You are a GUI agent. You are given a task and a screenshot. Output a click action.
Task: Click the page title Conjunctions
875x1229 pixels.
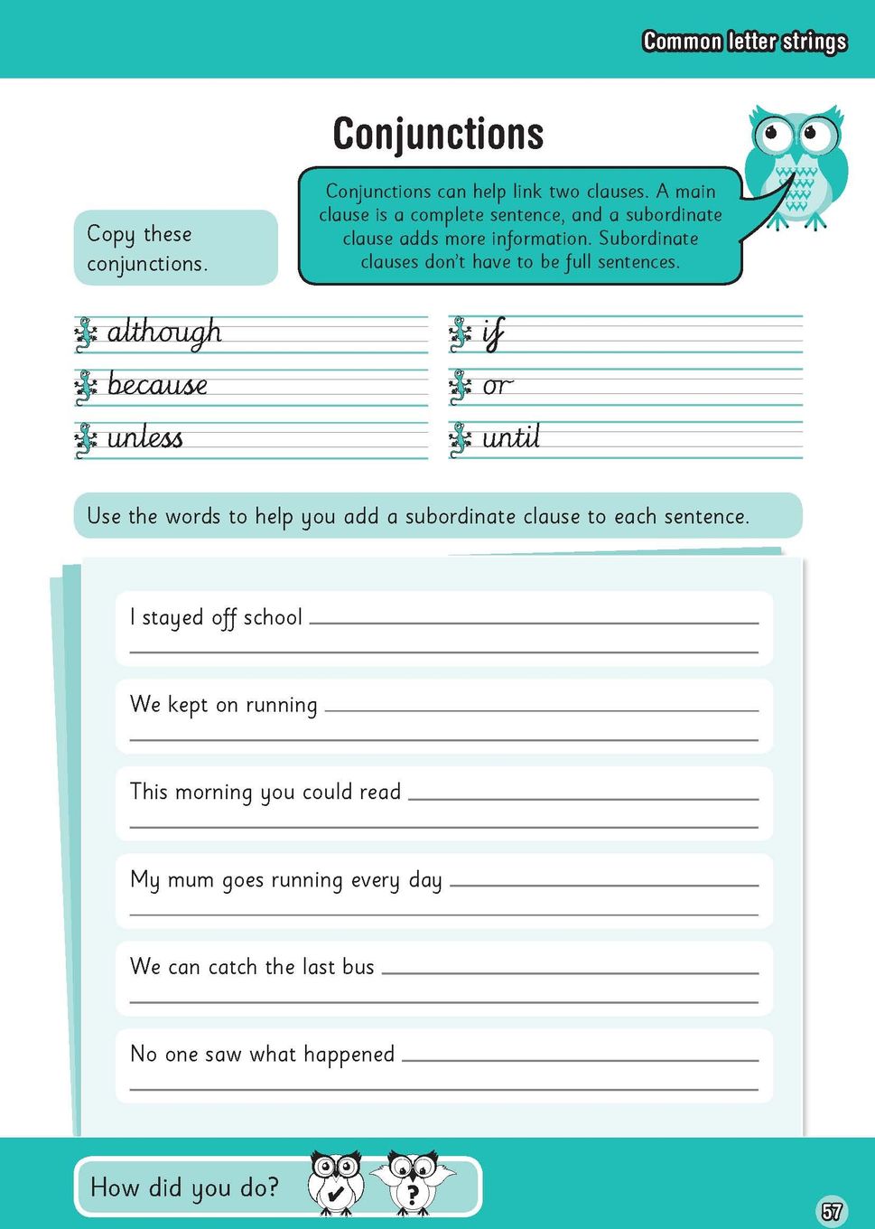pos(438,134)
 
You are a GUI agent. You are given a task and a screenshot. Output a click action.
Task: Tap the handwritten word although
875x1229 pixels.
pos(164,333)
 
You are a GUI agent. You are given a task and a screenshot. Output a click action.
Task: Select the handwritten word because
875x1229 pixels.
pos(157,385)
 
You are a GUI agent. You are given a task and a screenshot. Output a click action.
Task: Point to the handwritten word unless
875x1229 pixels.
pos(144,438)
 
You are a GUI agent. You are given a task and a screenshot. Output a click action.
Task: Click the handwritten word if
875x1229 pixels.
pos(493,333)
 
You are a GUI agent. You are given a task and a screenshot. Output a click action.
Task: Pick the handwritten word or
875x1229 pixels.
pos(497,387)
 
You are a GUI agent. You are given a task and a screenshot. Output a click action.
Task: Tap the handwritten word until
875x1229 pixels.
pos(511,438)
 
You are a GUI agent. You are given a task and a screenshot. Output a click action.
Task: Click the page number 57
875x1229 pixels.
pos(831,1210)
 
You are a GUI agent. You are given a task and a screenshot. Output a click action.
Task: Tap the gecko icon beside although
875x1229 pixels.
pos(86,333)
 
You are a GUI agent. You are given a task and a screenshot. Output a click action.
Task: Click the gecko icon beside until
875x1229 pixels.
pos(461,439)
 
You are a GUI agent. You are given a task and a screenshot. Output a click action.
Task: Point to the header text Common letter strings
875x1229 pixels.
pos(744,42)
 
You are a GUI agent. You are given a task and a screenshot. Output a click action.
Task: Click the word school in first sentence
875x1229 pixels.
pos(273,617)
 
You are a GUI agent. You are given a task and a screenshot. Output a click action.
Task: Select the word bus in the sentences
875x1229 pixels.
pos(358,967)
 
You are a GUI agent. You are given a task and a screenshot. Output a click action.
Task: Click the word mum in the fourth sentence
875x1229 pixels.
pos(191,879)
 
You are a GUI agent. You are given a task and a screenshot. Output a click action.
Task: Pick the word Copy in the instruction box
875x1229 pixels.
pos(110,234)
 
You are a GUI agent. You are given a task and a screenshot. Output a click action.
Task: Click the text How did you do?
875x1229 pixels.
pos(185,1187)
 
